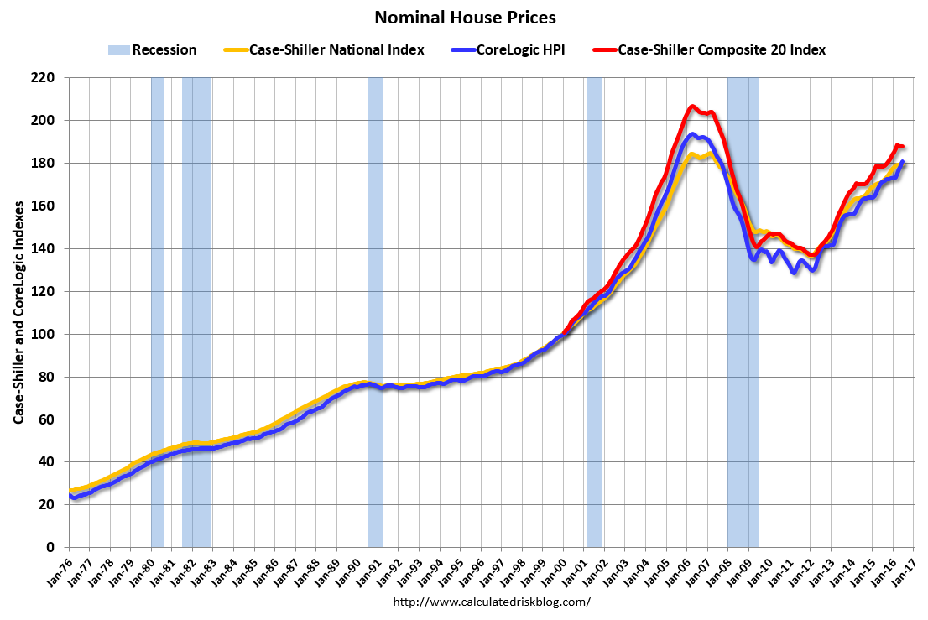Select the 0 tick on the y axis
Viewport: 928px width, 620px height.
click(x=50, y=547)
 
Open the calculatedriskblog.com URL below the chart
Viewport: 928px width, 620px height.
click(x=492, y=602)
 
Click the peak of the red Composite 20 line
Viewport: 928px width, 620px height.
click(x=692, y=107)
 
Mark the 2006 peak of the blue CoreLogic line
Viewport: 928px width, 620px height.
click(x=692, y=134)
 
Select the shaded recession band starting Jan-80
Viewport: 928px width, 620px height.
click(x=157, y=310)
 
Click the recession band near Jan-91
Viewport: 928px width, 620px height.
click(x=375, y=310)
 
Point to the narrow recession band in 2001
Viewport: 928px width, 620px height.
click(x=595, y=310)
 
